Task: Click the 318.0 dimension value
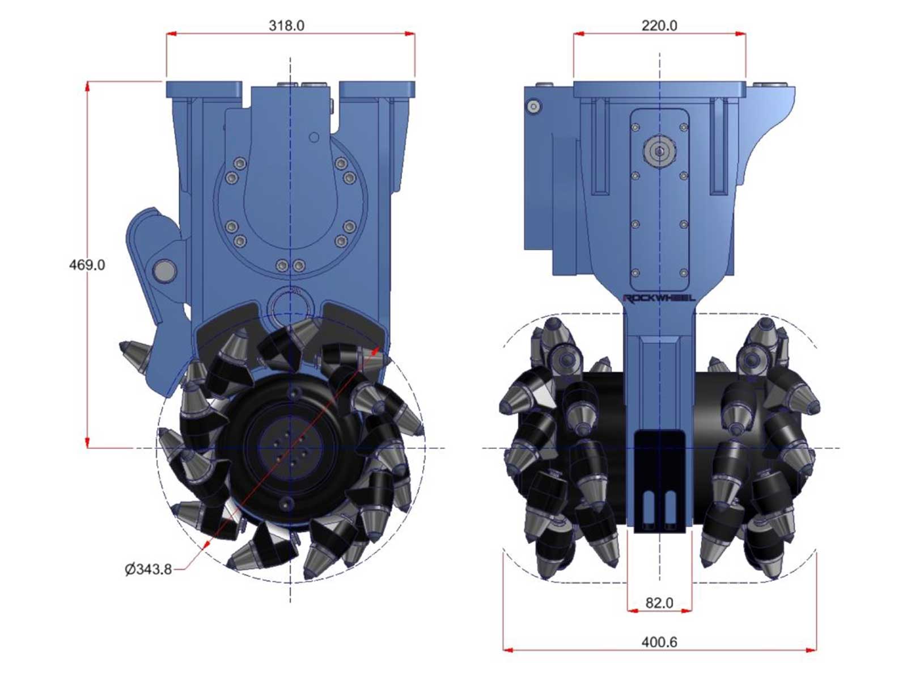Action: (286, 26)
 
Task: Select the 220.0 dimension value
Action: (659, 26)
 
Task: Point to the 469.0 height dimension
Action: (87, 264)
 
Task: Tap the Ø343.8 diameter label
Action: (148, 569)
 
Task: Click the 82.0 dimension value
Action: (659, 603)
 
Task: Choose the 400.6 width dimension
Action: (659, 642)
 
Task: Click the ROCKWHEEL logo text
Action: (659, 298)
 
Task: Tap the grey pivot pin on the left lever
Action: (164, 271)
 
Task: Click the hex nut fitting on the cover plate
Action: (659, 152)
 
